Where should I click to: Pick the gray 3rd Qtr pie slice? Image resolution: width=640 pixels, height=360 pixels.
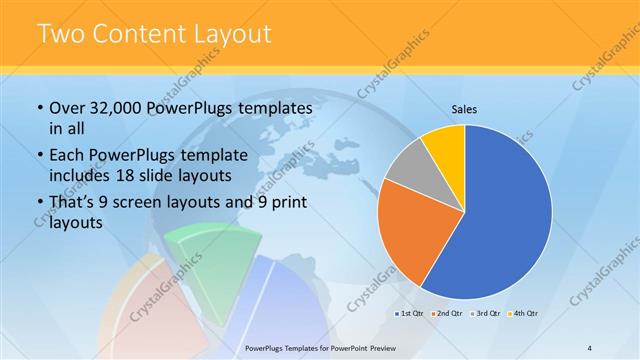409,167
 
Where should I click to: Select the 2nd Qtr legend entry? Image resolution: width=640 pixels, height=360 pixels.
448,314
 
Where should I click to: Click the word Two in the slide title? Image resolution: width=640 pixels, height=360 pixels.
62,34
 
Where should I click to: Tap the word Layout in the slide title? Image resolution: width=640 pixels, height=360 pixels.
232,34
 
